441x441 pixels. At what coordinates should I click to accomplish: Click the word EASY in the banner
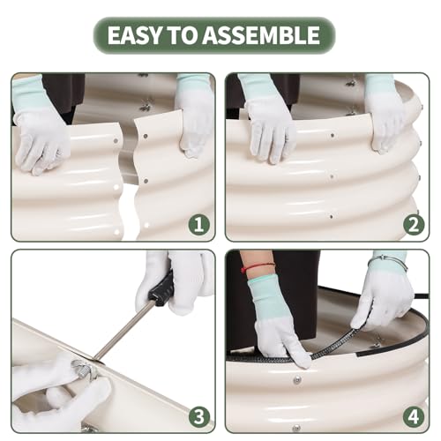pyautogui.click(x=135, y=35)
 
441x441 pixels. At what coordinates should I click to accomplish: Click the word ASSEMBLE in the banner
pyautogui.click(x=261, y=35)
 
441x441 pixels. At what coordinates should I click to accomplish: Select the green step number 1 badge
pyautogui.click(x=199, y=225)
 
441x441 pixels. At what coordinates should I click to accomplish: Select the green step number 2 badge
pyautogui.click(x=414, y=225)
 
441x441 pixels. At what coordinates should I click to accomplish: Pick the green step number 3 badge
pyautogui.click(x=199, y=416)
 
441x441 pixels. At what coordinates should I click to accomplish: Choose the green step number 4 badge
pyautogui.click(x=414, y=416)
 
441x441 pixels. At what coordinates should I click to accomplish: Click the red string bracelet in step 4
pyautogui.click(x=258, y=266)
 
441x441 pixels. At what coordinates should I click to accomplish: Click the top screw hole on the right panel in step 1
pyautogui.click(x=146, y=136)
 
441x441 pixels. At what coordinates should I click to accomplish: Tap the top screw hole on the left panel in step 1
pyautogui.click(x=116, y=141)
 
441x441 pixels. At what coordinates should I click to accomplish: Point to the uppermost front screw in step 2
pyautogui.click(x=333, y=136)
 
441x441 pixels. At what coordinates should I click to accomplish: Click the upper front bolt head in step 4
pyautogui.click(x=297, y=380)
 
